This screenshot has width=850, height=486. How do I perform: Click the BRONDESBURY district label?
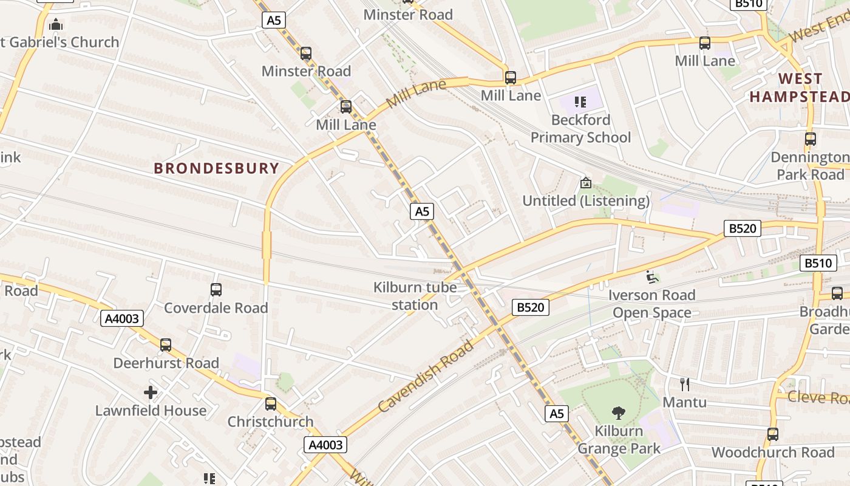click(x=216, y=168)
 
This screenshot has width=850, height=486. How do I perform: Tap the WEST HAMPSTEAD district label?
click(x=800, y=87)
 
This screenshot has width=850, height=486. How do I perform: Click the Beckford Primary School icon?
click(x=580, y=101)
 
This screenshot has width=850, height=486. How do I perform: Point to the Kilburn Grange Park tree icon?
click(x=619, y=413)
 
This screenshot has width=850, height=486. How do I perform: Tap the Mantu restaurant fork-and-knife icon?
click(x=685, y=384)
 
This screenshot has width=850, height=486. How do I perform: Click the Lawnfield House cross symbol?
click(x=151, y=392)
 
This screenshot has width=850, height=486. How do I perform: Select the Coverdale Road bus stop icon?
click(x=216, y=290)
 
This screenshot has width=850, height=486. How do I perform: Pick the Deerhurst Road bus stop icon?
click(x=166, y=345)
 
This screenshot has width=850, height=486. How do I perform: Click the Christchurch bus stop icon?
click(x=271, y=403)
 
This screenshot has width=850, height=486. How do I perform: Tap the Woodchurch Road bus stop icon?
click(x=772, y=434)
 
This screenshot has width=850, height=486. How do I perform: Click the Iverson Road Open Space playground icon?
click(x=652, y=277)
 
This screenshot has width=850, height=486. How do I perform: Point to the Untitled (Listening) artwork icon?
click(x=586, y=182)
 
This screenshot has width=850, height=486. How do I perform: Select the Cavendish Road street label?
click(x=426, y=377)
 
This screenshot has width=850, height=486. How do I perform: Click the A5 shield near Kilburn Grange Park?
click(x=556, y=414)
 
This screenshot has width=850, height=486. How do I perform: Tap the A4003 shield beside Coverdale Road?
click(x=122, y=318)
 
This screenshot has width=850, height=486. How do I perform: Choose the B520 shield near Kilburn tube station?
click(x=530, y=307)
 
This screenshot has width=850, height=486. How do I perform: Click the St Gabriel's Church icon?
click(x=56, y=25)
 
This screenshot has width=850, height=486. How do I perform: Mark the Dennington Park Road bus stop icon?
click(x=810, y=139)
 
